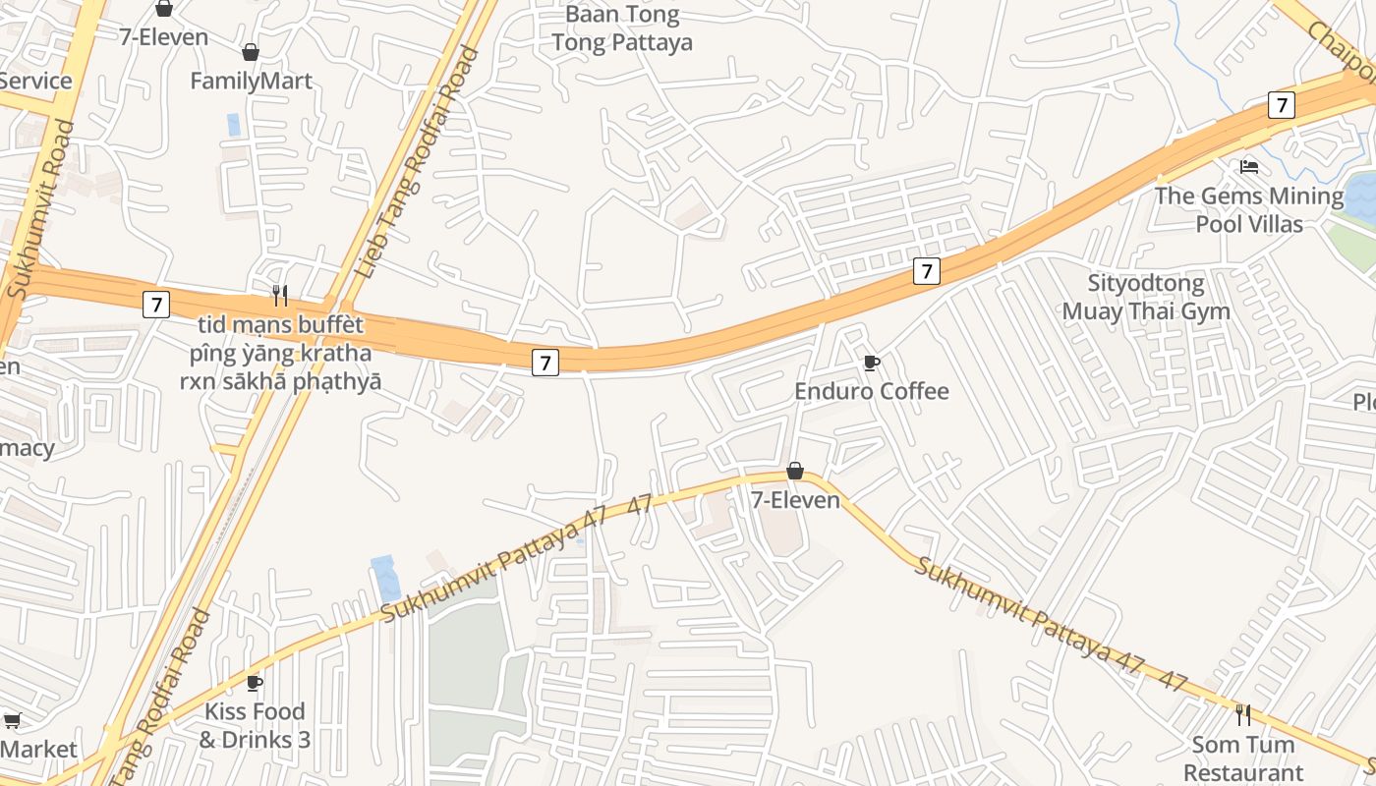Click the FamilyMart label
point(251,81)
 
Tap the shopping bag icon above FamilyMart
point(251,52)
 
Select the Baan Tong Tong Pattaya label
point(622,28)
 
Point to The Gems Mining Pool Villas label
point(1249,209)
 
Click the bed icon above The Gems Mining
point(1249,166)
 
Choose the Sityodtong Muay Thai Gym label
point(1146,298)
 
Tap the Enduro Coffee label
point(872,391)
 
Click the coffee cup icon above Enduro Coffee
point(871,364)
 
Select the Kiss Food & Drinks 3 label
point(255,725)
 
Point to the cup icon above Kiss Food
point(255,683)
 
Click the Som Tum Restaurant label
point(1243,758)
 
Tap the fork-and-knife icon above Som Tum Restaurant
point(1243,714)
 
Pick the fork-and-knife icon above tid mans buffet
point(280,295)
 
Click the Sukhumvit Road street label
point(39,209)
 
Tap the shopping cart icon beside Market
point(13,721)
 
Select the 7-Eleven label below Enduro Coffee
point(795,500)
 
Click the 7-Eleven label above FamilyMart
point(164,37)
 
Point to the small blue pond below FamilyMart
point(234,125)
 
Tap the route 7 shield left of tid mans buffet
point(155,305)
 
